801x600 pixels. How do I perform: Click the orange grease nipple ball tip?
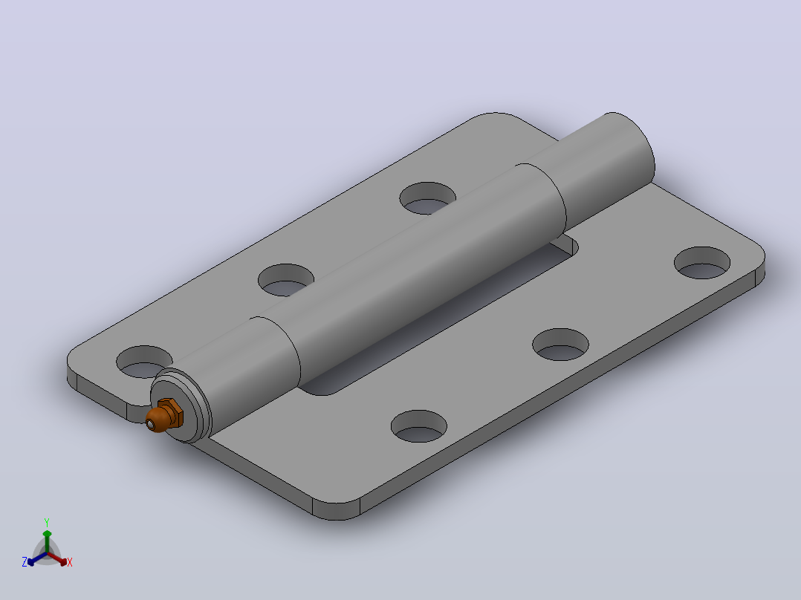tap(155, 420)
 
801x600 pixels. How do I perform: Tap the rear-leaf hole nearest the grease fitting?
tap(144, 362)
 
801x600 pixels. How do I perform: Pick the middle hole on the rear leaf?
tap(285, 280)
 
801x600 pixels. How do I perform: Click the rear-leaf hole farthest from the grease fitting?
tap(427, 198)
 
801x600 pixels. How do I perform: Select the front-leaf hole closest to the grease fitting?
tap(419, 426)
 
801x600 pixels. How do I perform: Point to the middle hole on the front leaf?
tap(560, 344)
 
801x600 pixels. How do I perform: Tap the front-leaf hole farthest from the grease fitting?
tap(702, 262)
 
